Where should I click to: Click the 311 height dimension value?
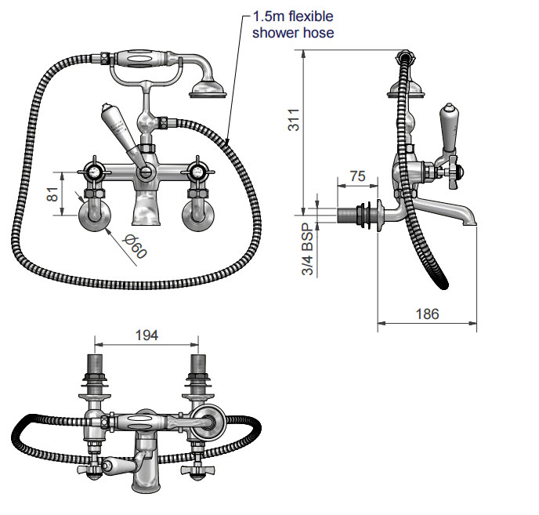click(x=294, y=119)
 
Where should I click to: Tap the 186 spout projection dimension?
click(x=427, y=314)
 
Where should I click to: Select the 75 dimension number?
click(x=357, y=176)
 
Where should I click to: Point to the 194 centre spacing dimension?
click(x=147, y=335)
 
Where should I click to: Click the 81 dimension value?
click(x=52, y=194)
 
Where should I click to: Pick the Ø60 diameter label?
click(x=136, y=246)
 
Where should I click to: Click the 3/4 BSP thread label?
click(x=308, y=249)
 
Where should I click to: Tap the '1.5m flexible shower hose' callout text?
click(x=293, y=24)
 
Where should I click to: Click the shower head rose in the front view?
click(x=208, y=89)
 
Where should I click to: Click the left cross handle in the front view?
click(x=93, y=172)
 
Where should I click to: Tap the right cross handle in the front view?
click(x=197, y=172)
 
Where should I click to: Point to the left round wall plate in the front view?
click(x=95, y=216)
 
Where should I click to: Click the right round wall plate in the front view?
click(x=198, y=216)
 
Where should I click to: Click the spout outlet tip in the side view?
click(x=469, y=223)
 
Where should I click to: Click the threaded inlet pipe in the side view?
click(x=347, y=216)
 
